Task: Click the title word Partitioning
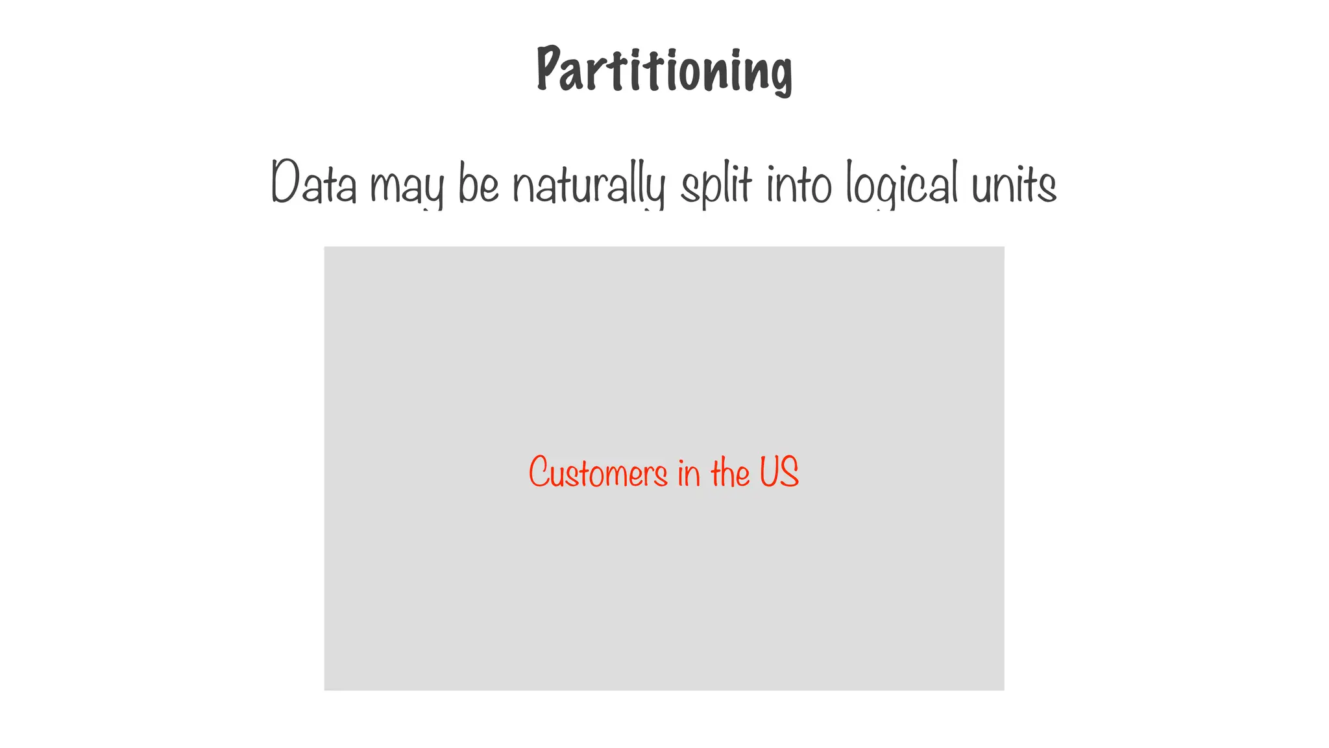pos(664,70)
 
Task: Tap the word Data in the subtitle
pos(314,183)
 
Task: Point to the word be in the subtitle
pos(478,183)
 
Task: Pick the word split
pos(716,184)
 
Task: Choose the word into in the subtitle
pos(799,184)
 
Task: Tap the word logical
pos(901,184)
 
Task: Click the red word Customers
pos(598,472)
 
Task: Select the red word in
pos(689,473)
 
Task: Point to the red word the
pos(730,472)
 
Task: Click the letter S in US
pos(790,472)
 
